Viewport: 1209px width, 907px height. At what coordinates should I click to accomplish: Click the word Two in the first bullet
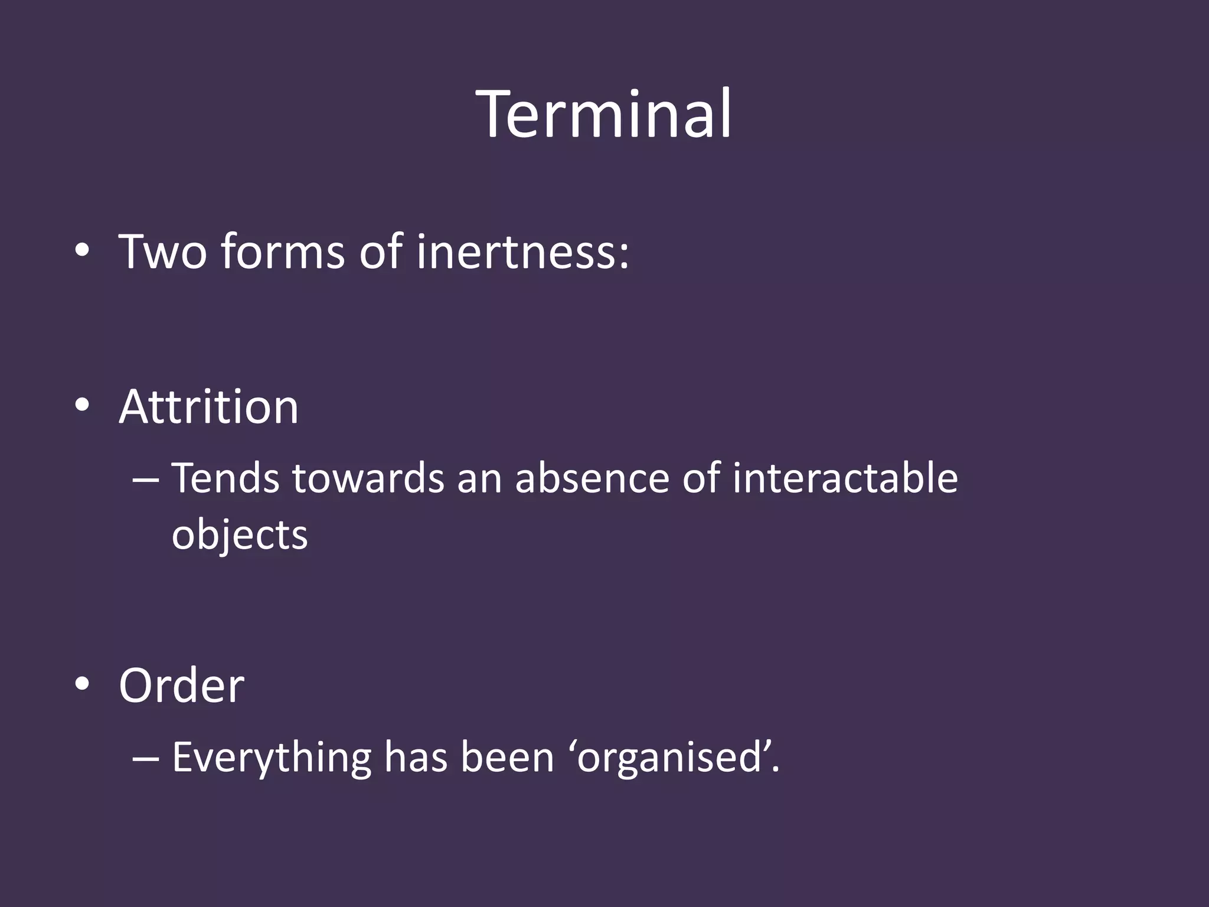coord(163,252)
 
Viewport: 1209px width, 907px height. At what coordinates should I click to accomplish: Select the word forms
coord(283,252)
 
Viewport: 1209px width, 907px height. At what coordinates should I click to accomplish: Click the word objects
coord(240,535)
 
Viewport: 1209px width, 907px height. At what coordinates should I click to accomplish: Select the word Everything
coord(272,757)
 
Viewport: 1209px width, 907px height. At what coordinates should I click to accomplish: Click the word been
coord(508,757)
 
